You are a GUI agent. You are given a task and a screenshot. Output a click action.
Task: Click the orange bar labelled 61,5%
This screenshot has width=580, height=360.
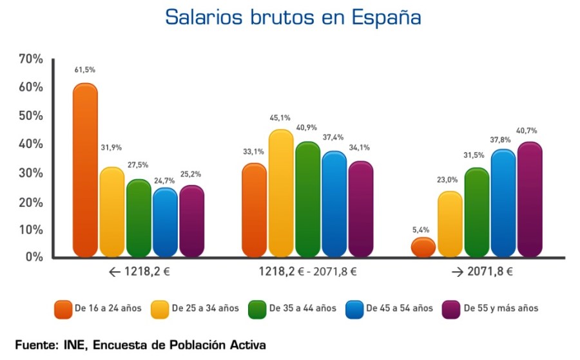[85, 171]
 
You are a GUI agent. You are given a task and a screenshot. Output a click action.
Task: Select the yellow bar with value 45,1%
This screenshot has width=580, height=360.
[281, 193]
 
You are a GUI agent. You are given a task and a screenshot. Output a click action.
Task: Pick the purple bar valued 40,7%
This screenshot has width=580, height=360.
[530, 200]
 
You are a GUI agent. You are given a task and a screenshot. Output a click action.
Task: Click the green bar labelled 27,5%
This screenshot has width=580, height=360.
[139, 218]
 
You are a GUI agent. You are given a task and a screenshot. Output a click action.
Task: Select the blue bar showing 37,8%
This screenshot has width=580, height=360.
[503, 204]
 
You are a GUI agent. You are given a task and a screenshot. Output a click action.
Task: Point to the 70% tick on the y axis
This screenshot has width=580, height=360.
[30, 59]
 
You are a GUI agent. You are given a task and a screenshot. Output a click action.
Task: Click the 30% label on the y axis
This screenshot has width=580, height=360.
[30, 173]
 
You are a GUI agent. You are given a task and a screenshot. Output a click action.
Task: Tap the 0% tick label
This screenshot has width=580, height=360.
[33, 257]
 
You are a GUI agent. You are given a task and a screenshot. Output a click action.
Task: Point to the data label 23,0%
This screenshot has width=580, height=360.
[450, 180]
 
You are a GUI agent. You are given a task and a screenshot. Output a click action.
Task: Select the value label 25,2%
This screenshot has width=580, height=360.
[191, 173]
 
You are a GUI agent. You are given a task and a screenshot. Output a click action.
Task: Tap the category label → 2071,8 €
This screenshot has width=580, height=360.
[482, 272]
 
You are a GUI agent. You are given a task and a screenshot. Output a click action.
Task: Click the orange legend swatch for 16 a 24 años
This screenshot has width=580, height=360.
[63, 308]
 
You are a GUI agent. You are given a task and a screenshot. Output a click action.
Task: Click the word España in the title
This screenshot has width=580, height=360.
[387, 17]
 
